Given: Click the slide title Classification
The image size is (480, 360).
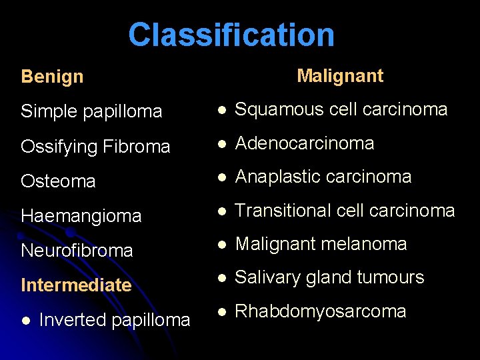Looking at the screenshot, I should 231,35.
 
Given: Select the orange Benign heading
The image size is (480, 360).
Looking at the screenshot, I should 52,77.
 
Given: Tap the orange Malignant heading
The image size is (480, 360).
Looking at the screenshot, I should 340,76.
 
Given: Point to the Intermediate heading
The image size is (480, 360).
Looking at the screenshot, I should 76,285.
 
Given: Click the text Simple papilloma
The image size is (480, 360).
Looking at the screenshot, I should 91,111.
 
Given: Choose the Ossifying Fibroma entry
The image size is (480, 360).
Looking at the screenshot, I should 95,147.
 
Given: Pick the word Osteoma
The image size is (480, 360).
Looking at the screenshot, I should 58,181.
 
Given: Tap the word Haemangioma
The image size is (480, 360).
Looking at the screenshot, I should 81,216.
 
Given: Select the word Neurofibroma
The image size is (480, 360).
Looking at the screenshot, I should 77,251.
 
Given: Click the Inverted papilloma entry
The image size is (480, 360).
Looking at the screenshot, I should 115,320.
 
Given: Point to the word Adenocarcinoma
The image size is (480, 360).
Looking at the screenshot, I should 305,143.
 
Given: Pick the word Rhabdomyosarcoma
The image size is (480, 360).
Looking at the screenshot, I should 321,311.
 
